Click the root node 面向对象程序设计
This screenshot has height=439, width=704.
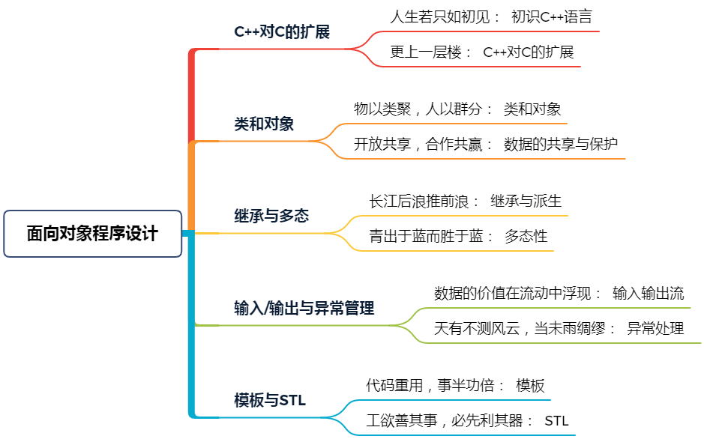[92, 234]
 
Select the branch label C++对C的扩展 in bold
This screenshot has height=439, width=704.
[282, 31]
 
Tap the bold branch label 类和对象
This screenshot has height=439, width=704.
[264, 124]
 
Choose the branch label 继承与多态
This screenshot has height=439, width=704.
[271, 216]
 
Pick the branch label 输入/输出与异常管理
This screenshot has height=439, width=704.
[304, 308]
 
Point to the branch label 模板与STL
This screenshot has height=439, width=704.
[270, 400]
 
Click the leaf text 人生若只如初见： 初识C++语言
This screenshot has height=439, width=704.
[491, 17]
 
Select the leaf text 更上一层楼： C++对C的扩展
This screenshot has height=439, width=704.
[482, 52]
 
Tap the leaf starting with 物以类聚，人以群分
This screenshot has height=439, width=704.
[457, 109]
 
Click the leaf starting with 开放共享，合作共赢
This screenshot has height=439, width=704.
[486, 144]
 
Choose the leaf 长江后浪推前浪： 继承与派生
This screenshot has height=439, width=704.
[465, 202]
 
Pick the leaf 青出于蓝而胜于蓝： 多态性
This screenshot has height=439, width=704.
[458, 236]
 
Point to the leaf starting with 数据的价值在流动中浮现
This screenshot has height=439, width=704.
[559, 293]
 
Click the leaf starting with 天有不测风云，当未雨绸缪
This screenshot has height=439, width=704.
[559, 328]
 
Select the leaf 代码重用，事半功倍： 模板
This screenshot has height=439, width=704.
[455, 385]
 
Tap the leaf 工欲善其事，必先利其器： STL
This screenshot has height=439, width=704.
[467, 420]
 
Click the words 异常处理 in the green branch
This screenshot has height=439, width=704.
[655, 328]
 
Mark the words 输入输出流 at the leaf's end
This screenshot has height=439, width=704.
[649, 293]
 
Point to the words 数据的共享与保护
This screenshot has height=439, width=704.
[561, 144]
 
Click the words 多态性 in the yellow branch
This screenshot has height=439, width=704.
[526, 236]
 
